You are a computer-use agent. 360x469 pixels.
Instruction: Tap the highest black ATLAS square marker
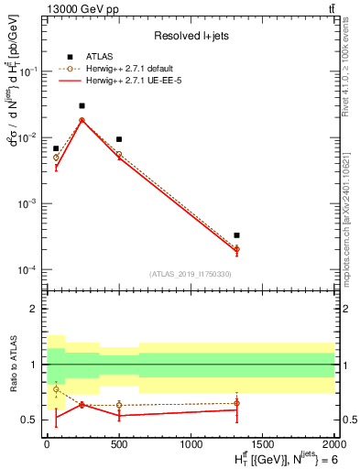point(82,106)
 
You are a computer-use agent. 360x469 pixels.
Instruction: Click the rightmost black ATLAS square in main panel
point(236,235)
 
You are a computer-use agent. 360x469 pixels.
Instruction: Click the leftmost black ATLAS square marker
point(56,148)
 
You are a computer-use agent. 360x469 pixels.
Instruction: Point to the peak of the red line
point(82,120)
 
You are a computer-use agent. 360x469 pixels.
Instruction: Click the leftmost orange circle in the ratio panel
point(56,389)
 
